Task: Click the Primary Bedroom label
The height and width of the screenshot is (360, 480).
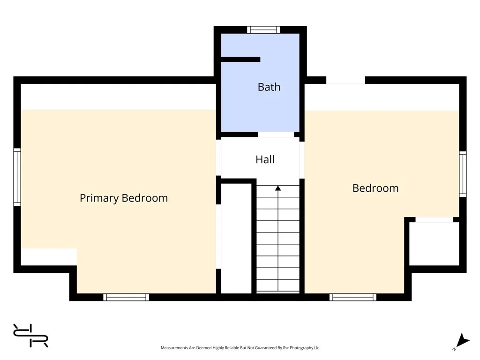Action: pos(124,198)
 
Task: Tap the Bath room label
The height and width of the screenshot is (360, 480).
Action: pos(269,87)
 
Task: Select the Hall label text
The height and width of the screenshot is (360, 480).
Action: pos(265,159)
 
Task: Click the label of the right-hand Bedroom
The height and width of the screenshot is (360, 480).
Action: pos(375,188)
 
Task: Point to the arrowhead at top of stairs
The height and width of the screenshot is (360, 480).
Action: pos(278,188)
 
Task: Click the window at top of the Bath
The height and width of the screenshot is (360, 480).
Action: pos(263,30)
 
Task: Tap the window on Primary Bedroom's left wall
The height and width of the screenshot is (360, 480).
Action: pos(17,177)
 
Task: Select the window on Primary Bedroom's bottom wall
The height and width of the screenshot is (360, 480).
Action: pos(126,297)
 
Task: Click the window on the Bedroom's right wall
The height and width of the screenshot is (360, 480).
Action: pos(463,174)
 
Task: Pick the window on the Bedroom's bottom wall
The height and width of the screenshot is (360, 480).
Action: pos(353,297)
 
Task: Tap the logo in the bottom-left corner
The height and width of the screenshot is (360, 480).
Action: pos(31,336)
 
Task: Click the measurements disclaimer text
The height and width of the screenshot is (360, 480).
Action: pos(240,348)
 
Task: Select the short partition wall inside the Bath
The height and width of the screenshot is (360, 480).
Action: pos(240,60)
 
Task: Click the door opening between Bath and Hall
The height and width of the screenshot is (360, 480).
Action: pos(276,135)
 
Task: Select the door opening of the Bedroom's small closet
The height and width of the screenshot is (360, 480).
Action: pos(434,219)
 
